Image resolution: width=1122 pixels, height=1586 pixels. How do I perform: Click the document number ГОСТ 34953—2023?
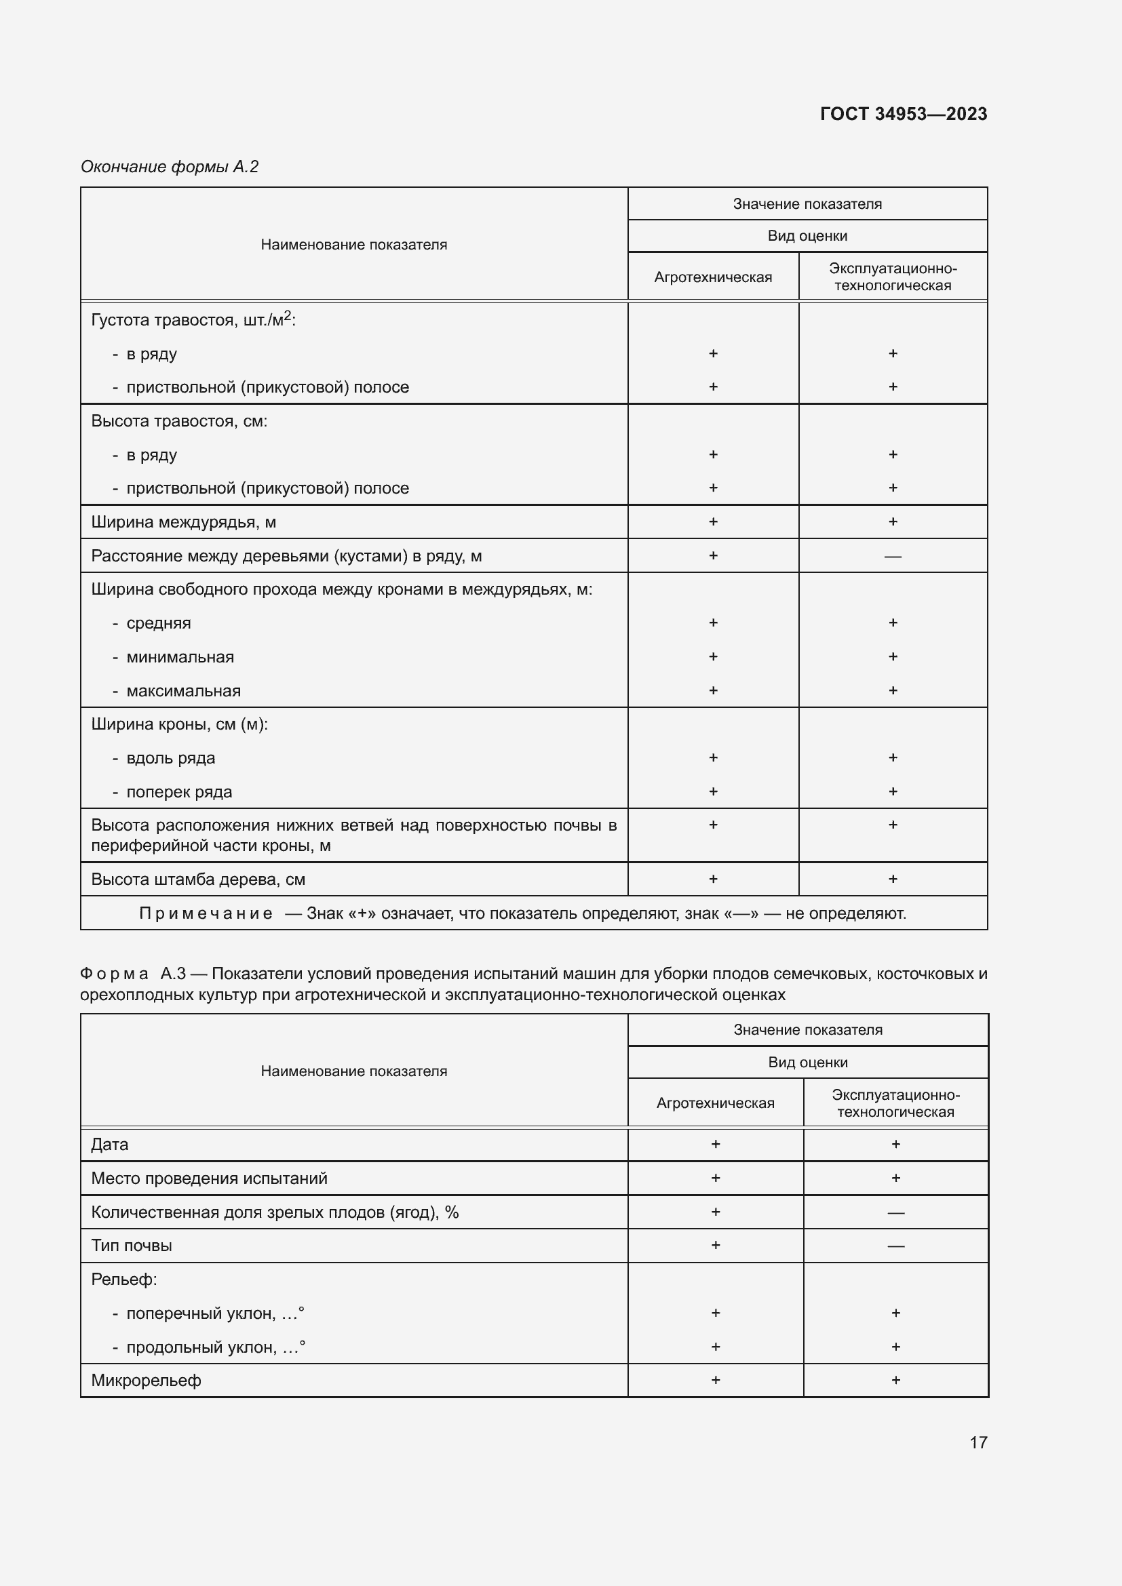[903, 114]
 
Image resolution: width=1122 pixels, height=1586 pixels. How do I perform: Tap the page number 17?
[978, 1442]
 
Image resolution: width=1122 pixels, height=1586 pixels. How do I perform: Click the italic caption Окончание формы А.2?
[170, 167]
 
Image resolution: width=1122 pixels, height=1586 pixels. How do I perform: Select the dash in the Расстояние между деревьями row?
[893, 556]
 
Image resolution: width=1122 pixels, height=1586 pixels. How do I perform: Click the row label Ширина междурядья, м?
[183, 522]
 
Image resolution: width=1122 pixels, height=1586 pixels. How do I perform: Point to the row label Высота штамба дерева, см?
[197, 879]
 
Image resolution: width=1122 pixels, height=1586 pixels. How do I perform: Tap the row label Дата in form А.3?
[110, 1145]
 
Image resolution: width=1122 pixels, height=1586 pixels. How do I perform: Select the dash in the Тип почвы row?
[895, 1246]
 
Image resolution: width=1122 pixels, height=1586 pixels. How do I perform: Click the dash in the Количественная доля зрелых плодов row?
[895, 1213]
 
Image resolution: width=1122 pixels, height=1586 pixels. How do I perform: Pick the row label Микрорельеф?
[146, 1381]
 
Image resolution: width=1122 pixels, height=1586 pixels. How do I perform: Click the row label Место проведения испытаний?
[209, 1178]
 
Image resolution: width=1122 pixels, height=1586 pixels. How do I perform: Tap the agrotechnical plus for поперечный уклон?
[715, 1313]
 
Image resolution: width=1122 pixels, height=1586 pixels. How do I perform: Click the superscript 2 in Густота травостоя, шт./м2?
[288, 316]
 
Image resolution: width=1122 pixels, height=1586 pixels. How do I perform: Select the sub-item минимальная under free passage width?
[180, 657]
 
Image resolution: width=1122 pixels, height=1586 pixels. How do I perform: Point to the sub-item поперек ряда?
[178, 792]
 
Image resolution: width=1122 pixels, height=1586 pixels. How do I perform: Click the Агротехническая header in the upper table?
[712, 277]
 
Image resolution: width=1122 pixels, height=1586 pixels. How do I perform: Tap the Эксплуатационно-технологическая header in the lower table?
[895, 1103]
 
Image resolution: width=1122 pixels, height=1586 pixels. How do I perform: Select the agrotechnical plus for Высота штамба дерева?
[713, 879]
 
